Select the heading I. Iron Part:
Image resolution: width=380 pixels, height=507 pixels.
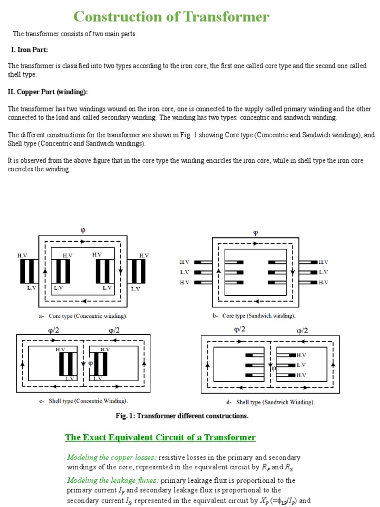[30, 50]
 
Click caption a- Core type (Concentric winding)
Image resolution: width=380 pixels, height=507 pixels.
[82, 316]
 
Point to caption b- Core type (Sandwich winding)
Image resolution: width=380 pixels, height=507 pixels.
[254, 315]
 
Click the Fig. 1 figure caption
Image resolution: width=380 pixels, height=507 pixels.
[182, 416]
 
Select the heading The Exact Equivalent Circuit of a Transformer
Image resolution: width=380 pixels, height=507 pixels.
[160, 437]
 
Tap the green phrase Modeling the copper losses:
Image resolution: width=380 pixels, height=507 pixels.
[105, 457]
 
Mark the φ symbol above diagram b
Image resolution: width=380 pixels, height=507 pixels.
[255, 232]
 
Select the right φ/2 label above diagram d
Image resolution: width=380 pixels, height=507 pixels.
[302, 331]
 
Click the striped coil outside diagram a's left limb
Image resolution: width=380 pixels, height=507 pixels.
[29, 271]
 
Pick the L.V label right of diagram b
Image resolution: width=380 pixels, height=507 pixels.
[324, 272]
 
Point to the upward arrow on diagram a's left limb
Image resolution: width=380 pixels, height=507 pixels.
[46, 271]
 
